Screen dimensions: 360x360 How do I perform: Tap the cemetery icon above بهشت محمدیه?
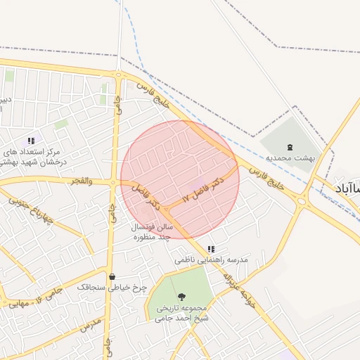(291, 147)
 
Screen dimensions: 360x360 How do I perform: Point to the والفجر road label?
(81, 181)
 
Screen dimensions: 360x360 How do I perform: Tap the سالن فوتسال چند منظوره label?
(150, 233)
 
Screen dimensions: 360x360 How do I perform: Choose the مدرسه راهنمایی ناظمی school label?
(212, 260)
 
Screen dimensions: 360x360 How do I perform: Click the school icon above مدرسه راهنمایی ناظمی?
(211, 249)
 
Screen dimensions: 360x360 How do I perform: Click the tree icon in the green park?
(182, 297)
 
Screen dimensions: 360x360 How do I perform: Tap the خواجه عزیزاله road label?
(237, 288)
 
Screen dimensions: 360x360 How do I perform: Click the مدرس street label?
(90, 326)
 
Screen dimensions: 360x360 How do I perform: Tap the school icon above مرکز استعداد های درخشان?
(31, 141)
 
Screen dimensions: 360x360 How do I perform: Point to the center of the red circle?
(180, 179)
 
